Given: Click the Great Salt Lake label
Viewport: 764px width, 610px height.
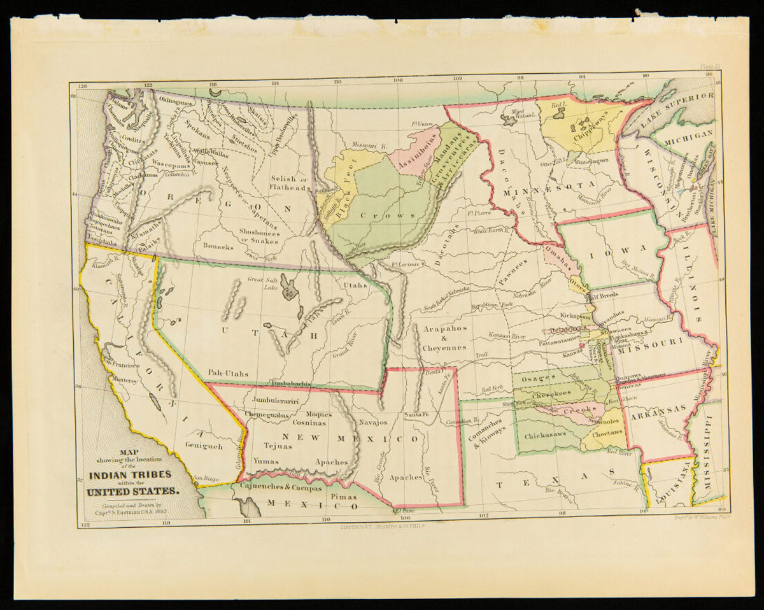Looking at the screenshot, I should click(x=264, y=283).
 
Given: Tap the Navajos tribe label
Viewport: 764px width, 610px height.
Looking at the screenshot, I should click(x=373, y=422).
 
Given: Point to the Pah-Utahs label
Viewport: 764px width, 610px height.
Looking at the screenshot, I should click(x=227, y=373).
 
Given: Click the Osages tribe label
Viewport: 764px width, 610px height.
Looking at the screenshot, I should click(x=539, y=378).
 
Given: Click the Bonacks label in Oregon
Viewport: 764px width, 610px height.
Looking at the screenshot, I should click(x=218, y=246).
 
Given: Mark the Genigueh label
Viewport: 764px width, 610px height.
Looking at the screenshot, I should click(x=204, y=446).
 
